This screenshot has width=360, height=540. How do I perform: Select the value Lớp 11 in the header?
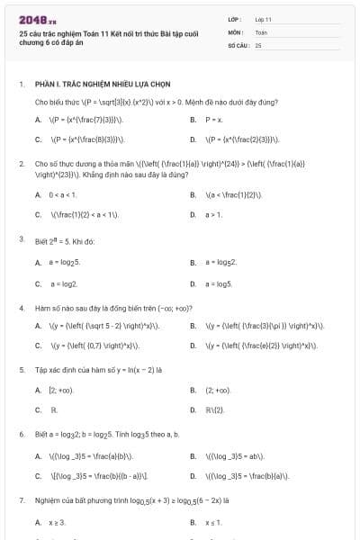click(263, 18)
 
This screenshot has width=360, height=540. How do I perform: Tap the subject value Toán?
click(261, 31)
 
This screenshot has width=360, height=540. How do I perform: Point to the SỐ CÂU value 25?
click(258, 43)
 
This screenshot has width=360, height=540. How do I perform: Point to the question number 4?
click(21, 308)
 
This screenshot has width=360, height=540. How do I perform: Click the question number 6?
click(21, 434)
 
